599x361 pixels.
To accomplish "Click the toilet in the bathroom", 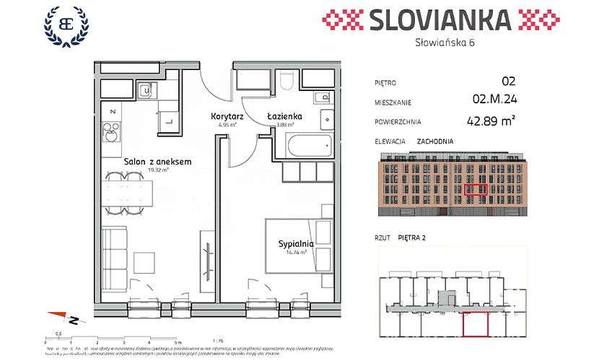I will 288,81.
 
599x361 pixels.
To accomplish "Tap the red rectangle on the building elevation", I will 476,191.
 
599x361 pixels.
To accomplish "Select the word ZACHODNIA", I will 435,142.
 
